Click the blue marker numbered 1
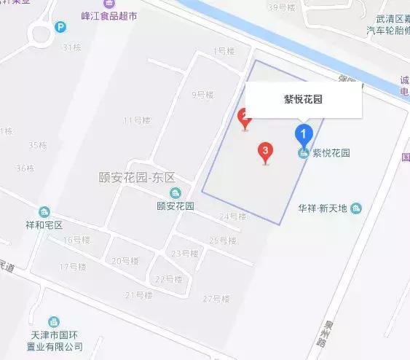tap(303, 134)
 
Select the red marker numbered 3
tap(266, 152)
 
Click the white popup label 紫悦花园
tap(304, 101)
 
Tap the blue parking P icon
tap(61, 28)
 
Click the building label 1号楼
tap(224, 51)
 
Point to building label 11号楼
tap(136, 120)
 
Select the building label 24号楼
tap(233, 216)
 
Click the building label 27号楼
tap(216, 299)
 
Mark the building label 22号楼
tap(168, 279)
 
